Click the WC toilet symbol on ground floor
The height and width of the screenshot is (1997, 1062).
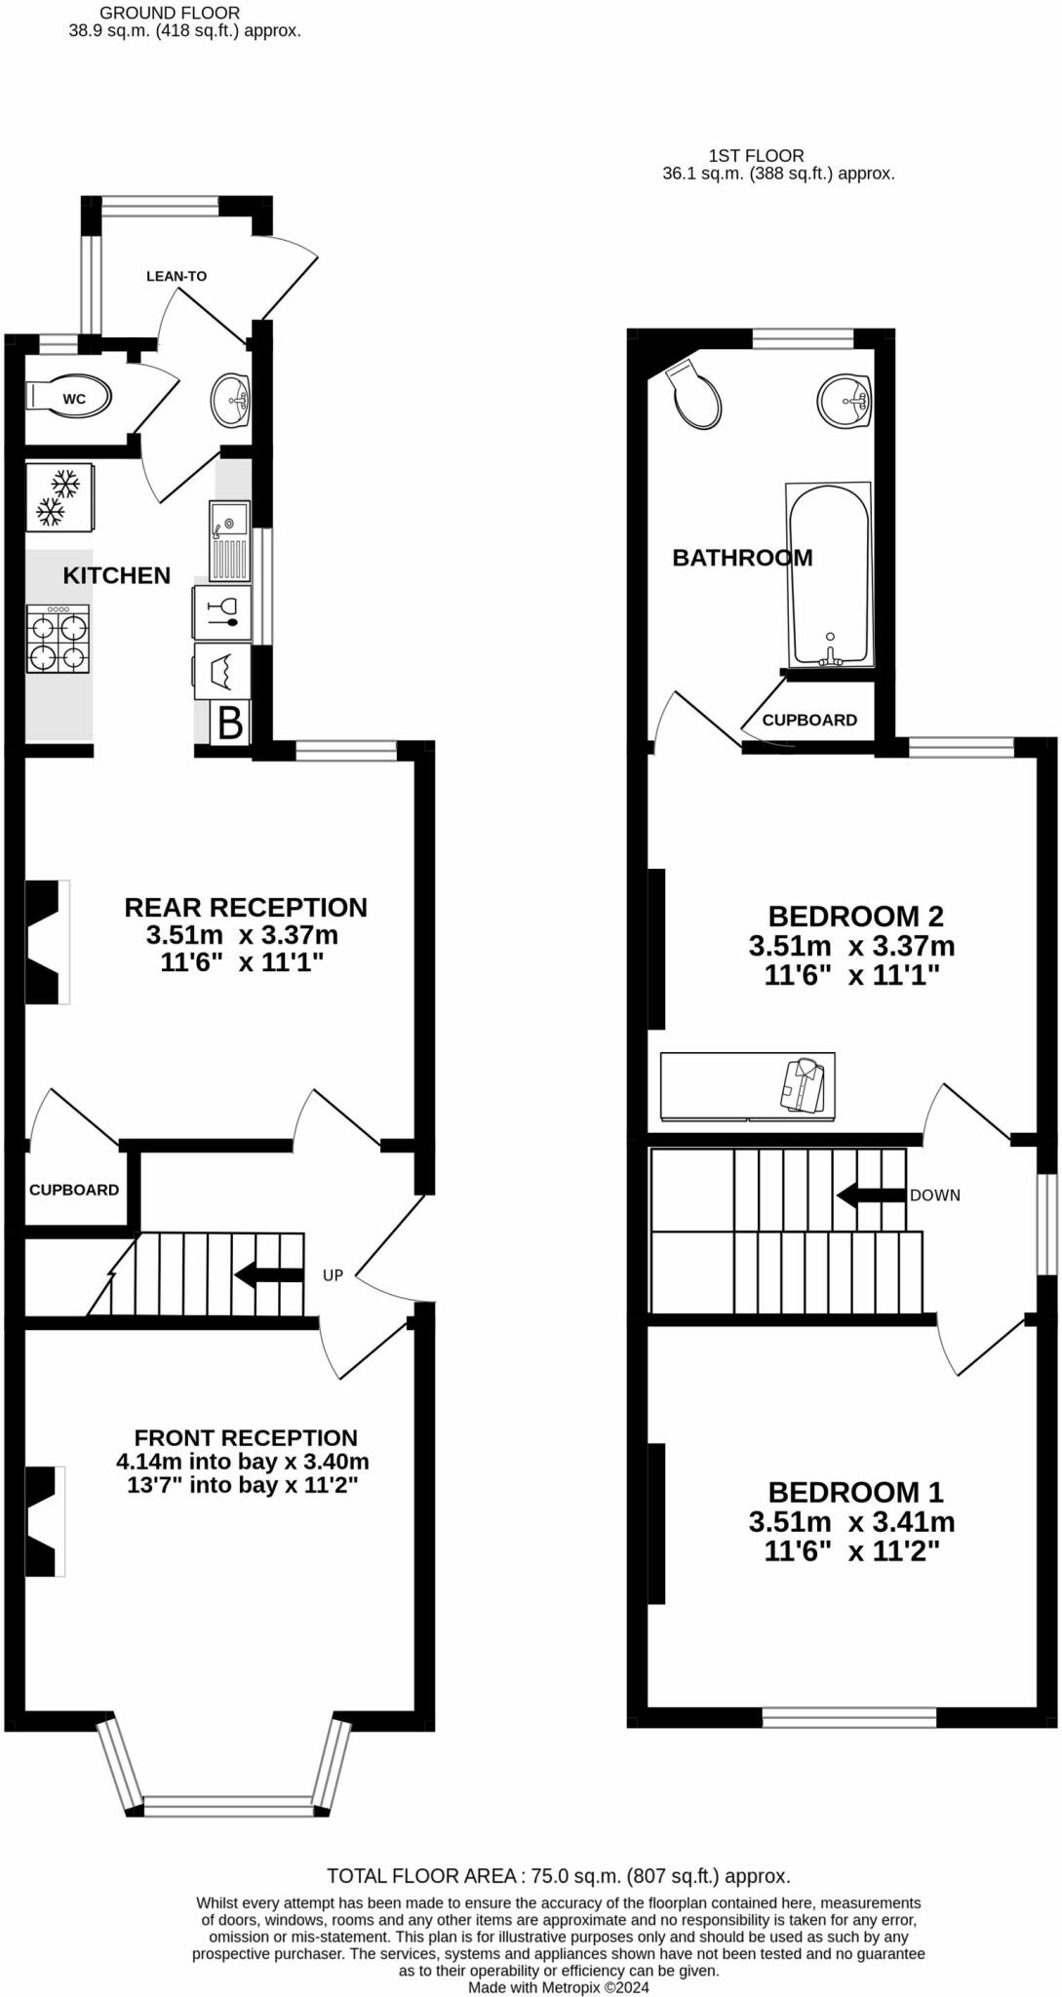coord(68,398)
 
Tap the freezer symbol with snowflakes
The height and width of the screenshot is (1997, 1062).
coord(59,496)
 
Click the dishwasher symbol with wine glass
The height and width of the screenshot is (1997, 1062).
coord(223,611)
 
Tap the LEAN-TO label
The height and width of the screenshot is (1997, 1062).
coord(177,276)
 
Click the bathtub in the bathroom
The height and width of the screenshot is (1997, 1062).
coord(829,575)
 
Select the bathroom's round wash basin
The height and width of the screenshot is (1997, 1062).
coord(844,400)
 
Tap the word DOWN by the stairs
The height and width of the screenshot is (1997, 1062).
coord(934,1194)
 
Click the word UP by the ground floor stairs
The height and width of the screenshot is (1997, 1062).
coord(333,1274)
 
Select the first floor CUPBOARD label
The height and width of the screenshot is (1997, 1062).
coord(809,720)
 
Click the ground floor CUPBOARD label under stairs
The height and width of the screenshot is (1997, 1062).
coord(74,1190)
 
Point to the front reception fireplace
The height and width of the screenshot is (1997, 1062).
coord(45,1520)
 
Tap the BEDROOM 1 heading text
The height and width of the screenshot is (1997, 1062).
coord(855,1492)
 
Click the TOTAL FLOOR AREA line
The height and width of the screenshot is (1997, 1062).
coord(558,1875)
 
